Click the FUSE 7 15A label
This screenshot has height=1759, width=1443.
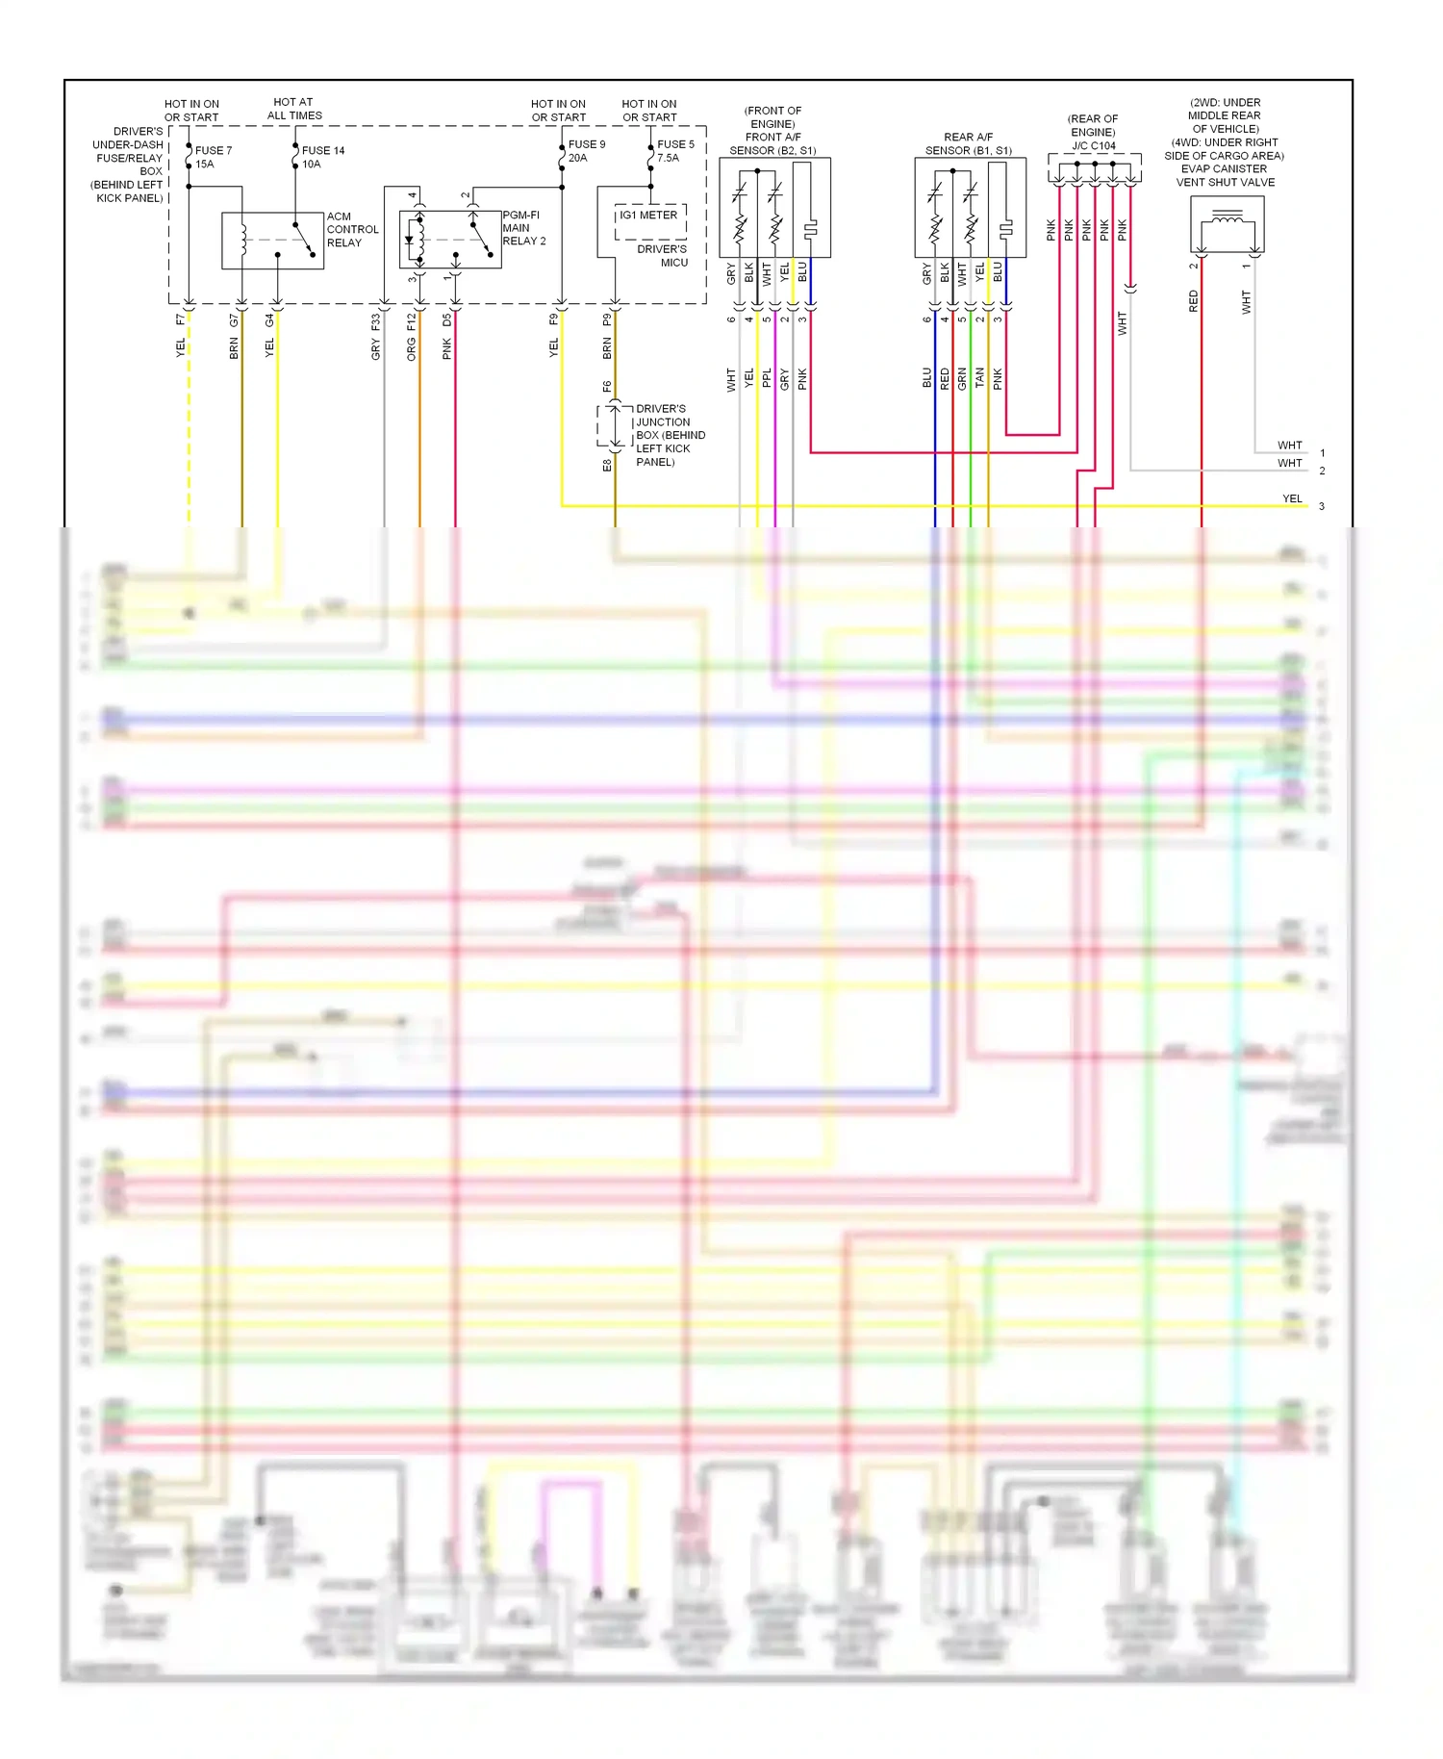[x=213, y=157]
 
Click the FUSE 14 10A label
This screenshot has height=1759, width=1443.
[x=322, y=157]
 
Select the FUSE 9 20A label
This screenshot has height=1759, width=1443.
[x=586, y=151]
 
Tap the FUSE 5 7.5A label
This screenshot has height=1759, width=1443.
[x=675, y=151]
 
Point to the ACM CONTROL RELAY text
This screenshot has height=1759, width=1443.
[x=351, y=230]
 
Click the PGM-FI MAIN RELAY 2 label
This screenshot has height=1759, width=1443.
[x=523, y=228]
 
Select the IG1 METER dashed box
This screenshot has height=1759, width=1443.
[x=650, y=220]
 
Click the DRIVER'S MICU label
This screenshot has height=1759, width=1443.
[x=663, y=256]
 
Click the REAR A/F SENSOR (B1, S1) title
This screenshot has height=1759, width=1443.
[x=968, y=143]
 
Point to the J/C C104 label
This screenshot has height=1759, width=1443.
[x=1094, y=146]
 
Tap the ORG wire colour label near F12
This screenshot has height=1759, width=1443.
[x=412, y=350]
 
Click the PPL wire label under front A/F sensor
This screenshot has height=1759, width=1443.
[x=767, y=378]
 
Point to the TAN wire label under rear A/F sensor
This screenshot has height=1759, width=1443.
[x=979, y=377]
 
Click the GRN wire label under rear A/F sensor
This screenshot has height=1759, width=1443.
[x=962, y=378]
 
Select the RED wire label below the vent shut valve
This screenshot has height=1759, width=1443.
[x=1194, y=301]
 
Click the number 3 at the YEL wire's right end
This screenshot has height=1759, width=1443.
[x=1321, y=506]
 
